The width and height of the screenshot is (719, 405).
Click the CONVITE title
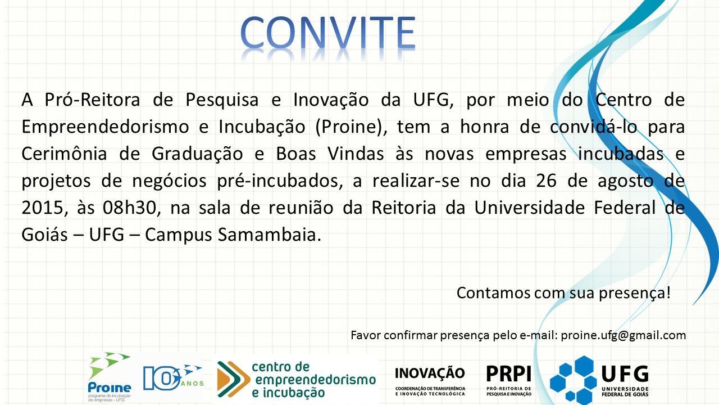tap(329, 33)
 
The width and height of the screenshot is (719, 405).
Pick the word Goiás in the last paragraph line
tap(44, 235)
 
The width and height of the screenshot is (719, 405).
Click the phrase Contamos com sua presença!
tap(563, 293)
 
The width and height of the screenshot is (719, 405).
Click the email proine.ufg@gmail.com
tap(624, 335)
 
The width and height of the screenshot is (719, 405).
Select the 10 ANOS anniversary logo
tap(171, 377)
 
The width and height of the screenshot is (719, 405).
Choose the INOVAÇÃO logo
tap(430, 380)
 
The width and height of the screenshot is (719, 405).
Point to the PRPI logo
tap(508, 379)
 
